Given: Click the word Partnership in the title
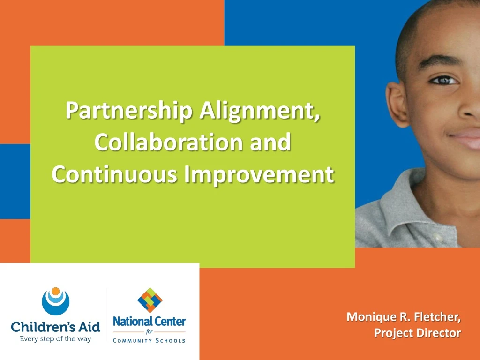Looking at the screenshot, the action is [x=129, y=111].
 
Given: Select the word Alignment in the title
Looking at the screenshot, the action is [x=260, y=111].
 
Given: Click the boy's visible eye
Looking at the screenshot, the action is [x=443, y=81].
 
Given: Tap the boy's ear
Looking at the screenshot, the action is [x=397, y=104].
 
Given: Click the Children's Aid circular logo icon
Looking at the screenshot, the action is [x=55, y=301].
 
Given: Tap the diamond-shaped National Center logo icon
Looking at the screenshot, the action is [x=150, y=300].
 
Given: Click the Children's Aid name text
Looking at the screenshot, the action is [x=55, y=327].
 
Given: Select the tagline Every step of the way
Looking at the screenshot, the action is [x=55, y=339].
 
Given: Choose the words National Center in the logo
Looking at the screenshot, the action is [x=150, y=322].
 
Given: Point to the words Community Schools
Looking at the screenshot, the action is [x=149, y=340].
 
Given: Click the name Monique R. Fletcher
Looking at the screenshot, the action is [x=404, y=316].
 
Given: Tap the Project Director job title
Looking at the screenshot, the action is [x=418, y=333].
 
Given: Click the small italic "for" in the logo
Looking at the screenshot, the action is [x=149, y=331].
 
